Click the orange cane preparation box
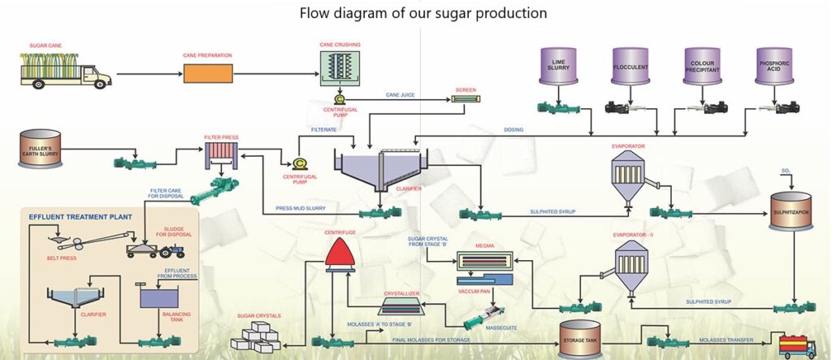click(208, 73)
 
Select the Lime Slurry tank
click(558, 66)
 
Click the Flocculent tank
click(630, 66)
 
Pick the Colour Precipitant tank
click(702, 66)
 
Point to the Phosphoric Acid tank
click(774, 66)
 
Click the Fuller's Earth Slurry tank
click(40, 150)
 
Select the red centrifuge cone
click(340, 251)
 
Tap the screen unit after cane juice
click(466, 99)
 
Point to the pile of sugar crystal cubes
click(256, 336)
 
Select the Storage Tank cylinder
click(579, 339)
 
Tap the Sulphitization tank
click(791, 210)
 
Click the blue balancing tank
click(159, 295)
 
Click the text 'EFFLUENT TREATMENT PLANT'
click(80, 217)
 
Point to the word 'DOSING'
click(513, 129)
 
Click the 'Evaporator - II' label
click(630, 235)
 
